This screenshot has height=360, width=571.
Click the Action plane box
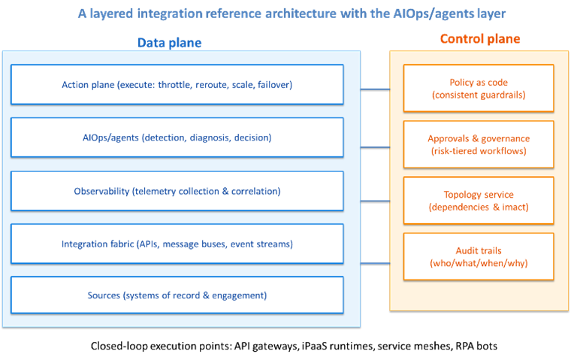point(177,84)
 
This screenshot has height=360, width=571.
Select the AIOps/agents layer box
point(177,138)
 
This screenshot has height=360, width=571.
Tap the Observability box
point(177,191)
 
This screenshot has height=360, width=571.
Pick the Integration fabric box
point(177,244)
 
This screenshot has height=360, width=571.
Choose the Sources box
point(177,295)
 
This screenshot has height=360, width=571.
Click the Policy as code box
point(479,89)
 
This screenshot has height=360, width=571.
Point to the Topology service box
point(479,201)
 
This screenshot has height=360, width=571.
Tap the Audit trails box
point(479,257)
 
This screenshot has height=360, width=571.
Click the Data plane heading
point(169,43)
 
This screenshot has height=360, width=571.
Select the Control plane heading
point(479,38)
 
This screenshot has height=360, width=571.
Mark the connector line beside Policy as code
point(375,89)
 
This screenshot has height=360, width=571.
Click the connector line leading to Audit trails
point(375,263)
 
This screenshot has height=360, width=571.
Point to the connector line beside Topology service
point(375,201)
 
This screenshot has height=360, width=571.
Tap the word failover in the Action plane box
point(273,85)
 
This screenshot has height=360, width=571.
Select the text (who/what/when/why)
point(479,264)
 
